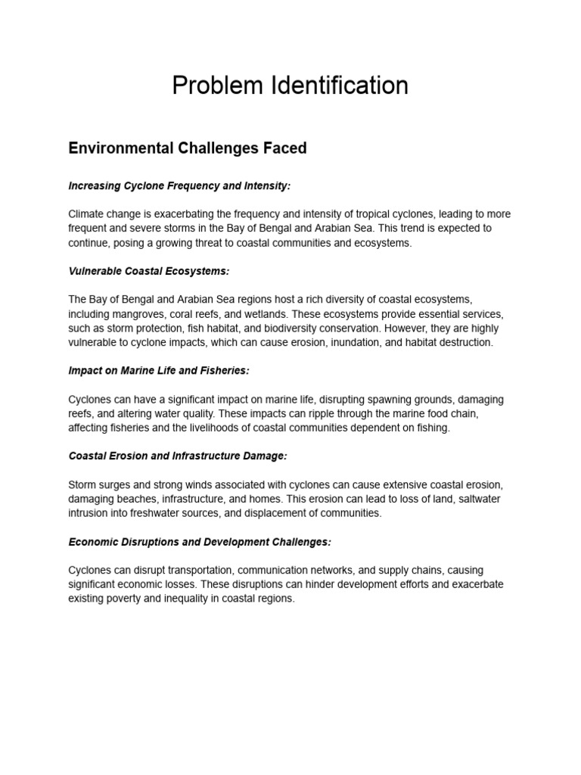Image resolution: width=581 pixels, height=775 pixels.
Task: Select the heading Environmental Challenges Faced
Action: pos(188,148)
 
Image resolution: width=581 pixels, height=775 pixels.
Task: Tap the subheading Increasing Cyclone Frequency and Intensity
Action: pos(179,185)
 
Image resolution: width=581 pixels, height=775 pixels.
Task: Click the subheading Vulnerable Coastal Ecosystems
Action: pos(148,272)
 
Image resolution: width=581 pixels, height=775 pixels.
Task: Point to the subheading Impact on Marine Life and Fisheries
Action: pos(159,370)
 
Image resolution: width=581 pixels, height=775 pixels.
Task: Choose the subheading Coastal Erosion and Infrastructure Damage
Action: pos(178,456)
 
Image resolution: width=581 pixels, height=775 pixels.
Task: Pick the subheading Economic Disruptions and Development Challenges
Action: pos(200,543)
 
